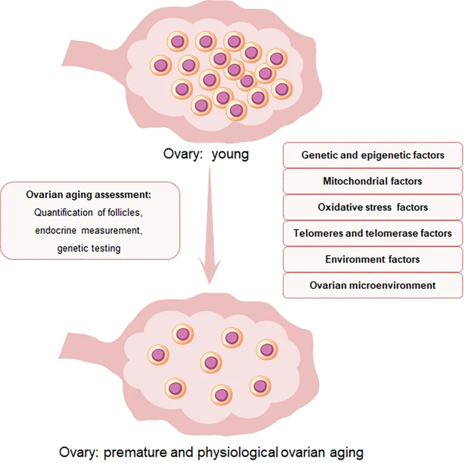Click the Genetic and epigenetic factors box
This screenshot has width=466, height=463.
[373, 155]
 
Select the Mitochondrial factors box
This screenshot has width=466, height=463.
[373, 181]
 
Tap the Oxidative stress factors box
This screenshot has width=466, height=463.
[373, 207]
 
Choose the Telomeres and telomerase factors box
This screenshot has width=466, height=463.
[373, 234]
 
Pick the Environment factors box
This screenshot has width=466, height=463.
[373, 259]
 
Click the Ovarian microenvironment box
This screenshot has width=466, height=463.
[373, 285]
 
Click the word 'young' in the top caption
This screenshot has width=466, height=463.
[229, 154]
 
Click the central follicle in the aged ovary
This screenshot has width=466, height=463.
[212, 362]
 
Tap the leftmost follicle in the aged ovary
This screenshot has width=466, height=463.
[159, 354]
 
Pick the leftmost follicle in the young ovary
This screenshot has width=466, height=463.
[160, 65]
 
